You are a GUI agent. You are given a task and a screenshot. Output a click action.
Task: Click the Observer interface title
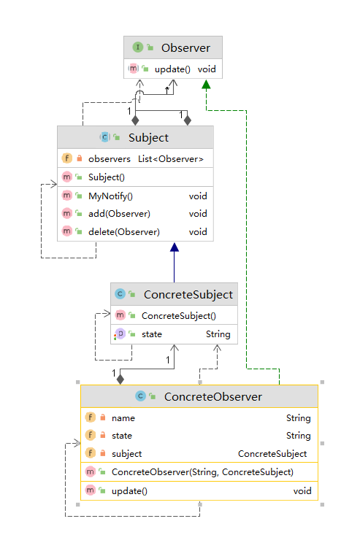[x=185, y=47]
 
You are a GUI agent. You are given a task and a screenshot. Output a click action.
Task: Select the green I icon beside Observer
[x=137, y=47]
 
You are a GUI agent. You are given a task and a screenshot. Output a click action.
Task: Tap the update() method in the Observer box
[x=172, y=69]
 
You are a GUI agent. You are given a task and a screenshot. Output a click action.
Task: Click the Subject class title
[x=148, y=138]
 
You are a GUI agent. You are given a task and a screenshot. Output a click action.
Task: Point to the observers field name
[x=110, y=159]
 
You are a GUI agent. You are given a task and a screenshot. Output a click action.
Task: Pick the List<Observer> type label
[x=171, y=159]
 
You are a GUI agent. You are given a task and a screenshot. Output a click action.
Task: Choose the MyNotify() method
[x=110, y=196]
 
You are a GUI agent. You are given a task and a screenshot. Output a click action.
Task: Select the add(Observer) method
[x=119, y=214]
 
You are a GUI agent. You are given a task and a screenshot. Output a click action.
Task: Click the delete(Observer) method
[x=123, y=232]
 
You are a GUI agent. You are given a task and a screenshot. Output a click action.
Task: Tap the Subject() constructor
[x=107, y=177]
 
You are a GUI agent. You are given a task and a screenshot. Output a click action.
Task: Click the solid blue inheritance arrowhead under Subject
[x=175, y=247]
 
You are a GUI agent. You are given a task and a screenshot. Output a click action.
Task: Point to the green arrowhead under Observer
[x=207, y=84]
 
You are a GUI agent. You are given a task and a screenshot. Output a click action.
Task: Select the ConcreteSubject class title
[x=188, y=295]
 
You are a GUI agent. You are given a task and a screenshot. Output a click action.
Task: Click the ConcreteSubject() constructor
[x=179, y=315]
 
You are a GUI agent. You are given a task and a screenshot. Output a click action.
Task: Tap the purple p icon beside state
[x=120, y=334]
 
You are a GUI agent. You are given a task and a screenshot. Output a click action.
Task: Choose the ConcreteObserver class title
[x=213, y=397]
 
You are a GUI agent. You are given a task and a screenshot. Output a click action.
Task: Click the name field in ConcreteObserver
[x=123, y=418]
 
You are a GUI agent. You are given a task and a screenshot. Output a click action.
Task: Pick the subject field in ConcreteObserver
[x=126, y=454]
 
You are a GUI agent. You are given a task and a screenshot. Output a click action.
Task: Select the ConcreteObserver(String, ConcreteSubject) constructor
[x=202, y=472]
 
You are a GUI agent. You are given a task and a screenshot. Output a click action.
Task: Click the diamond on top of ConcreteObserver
[x=120, y=379]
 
